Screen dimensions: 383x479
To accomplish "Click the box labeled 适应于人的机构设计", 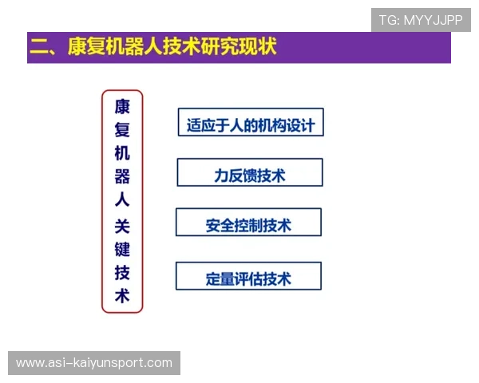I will pos(250,125).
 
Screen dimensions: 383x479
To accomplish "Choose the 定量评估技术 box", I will pos(248,278).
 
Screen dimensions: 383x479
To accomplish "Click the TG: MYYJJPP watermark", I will pos(421,20).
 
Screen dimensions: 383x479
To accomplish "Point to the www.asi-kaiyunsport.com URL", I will pos(94,363).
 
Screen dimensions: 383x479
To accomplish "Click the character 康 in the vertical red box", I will pos(122,107).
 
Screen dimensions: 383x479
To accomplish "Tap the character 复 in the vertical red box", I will pos(122,131).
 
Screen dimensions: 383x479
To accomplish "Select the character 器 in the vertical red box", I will pos(122,178).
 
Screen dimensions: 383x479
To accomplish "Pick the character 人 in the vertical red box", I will pos(122,202).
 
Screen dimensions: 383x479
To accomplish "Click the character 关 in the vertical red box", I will pos(122,226).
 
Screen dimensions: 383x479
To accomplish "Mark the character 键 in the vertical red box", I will pos(122,249).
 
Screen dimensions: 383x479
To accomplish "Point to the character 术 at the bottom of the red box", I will pos(122,296).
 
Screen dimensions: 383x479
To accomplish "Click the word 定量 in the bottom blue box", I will pos(218,278).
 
